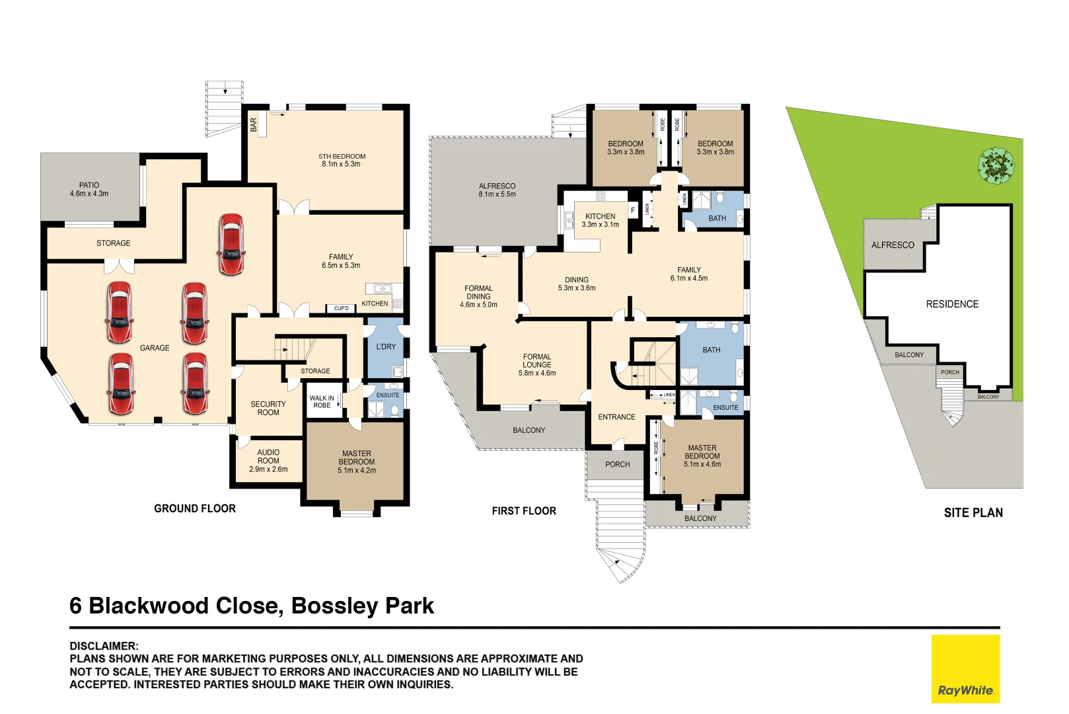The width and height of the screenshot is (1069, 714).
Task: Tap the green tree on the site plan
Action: [x=996, y=165]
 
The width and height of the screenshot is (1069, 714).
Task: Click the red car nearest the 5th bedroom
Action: [x=231, y=244]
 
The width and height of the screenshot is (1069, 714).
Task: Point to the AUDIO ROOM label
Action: [x=268, y=457]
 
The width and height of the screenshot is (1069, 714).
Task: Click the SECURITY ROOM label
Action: [x=268, y=408]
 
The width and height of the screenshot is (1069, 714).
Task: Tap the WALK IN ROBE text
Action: [x=322, y=402]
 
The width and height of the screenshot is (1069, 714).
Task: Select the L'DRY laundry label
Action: [x=386, y=346]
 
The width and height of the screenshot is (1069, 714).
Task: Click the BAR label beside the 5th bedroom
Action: [x=254, y=125]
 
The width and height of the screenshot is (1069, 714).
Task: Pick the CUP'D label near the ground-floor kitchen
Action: [x=342, y=309]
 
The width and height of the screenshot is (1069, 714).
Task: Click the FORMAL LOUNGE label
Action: [x=537, y=360]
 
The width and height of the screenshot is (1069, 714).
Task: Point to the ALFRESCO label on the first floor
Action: [x=497, y=186]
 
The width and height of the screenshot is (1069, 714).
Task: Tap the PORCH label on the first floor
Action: [x=618, y=465]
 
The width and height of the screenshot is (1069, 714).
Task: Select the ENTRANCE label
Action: [x=616, y=417]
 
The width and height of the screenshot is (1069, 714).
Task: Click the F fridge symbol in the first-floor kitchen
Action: [x=633, y=210]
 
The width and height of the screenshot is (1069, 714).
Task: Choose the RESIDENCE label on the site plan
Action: [x=952, y=304]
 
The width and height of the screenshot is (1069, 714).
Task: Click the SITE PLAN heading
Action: [x=973, y=513]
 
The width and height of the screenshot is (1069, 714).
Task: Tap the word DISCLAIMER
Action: [x=104, y=646]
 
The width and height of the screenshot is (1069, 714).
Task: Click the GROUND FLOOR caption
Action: [x=195, y=508]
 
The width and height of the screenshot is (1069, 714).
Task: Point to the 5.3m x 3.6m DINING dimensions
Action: [x=577, y=288]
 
